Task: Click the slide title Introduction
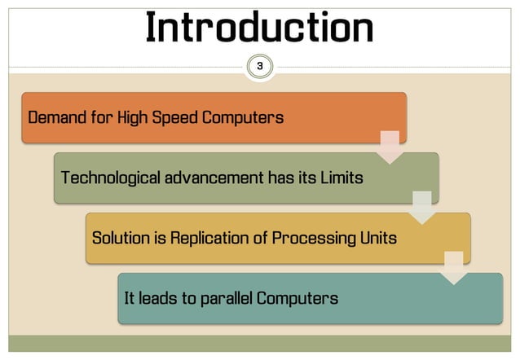[x=259, y=29]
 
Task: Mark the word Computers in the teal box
[x=297, y=298]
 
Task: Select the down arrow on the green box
[x=422, y=208]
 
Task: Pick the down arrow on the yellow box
[x=453, y=268]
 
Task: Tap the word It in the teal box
[x=129, y=298]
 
